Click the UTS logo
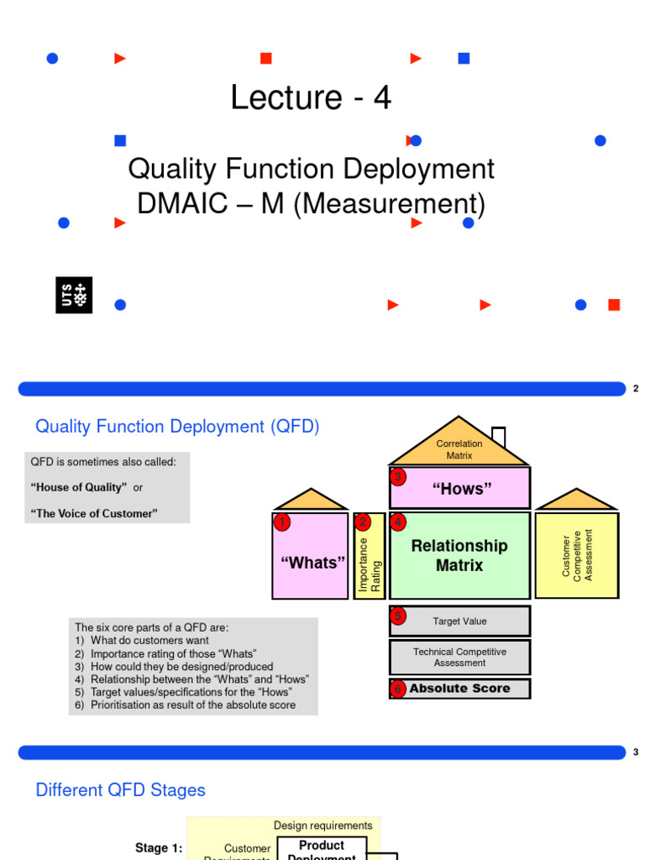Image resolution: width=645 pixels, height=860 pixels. point(73,295)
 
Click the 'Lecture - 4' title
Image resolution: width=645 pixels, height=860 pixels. point(311,98)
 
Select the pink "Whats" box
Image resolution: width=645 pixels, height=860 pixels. point(311,562)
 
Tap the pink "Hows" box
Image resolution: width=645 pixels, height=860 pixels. point(460,489)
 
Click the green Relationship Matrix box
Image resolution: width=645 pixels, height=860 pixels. point(459,555)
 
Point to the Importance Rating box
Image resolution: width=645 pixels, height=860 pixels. point(370,555)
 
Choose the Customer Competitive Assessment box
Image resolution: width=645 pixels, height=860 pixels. point(577,554)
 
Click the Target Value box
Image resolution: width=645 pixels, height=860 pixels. point(459,621)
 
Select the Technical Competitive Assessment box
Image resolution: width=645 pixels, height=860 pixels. point(459,657)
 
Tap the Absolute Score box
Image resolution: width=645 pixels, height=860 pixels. point(459,689)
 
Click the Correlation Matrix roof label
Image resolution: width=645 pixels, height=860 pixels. point(459,449)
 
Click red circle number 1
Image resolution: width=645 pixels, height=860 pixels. point(282,522)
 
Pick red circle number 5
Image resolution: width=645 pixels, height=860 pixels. point(398,616)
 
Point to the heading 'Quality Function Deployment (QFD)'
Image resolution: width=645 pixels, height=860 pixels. point(177,427)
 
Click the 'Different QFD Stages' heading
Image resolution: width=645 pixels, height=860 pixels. point(120,790)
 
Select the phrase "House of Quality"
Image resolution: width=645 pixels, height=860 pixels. point(79,488)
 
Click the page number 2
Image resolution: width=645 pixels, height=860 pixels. point(636,389)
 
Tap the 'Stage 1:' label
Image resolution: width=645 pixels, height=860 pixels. point(159,848)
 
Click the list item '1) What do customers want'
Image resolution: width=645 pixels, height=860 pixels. point(142,641)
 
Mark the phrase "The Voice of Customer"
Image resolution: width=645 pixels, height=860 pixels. point(94,513)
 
